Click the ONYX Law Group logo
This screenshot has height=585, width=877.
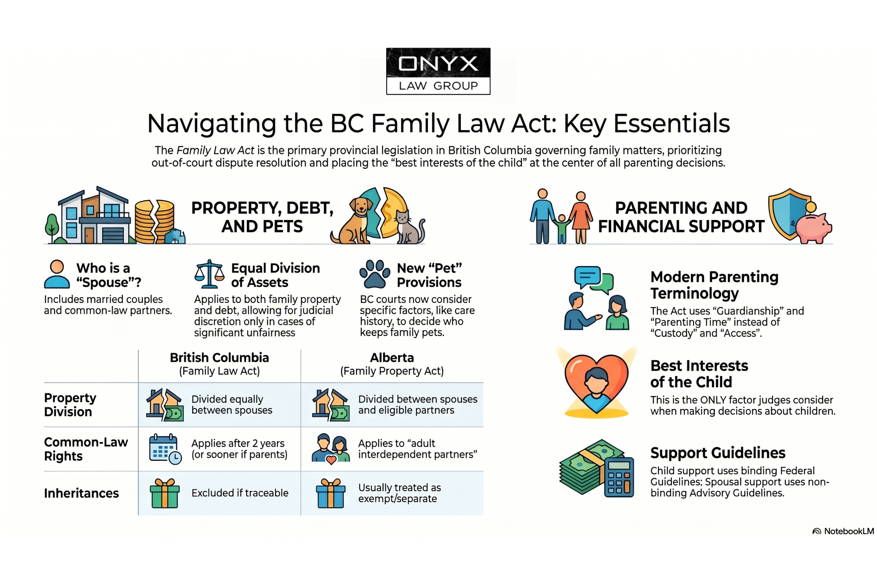tap(438, 71)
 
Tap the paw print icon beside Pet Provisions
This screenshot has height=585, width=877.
tap(374, 274)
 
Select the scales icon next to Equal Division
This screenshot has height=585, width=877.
tap(209, 274)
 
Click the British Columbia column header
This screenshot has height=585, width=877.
tap(219, 364)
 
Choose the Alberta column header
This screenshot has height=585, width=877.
tap(392, 364)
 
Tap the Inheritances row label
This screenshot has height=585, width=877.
tap(81, 493)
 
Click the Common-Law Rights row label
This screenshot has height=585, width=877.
tap(86, 449)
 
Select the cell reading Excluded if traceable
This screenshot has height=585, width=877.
tap(240, 493)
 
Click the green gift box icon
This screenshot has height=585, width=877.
tap(164, 493)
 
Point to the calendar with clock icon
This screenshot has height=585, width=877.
tap(165, 449)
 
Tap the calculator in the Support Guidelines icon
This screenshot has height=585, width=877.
tap(619, 477)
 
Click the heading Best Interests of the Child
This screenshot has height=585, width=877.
tap(699, 374)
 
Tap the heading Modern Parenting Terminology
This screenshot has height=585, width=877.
tap(714, 285)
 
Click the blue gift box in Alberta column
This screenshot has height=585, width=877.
tap(331, 493)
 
